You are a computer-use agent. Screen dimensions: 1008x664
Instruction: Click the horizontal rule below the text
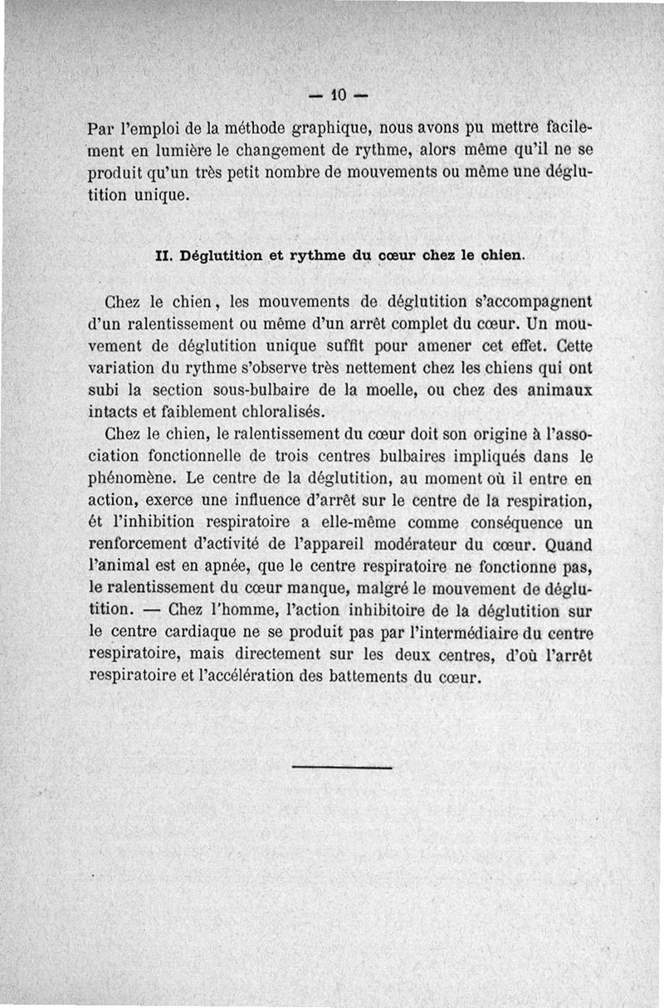[x=342, y=766]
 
